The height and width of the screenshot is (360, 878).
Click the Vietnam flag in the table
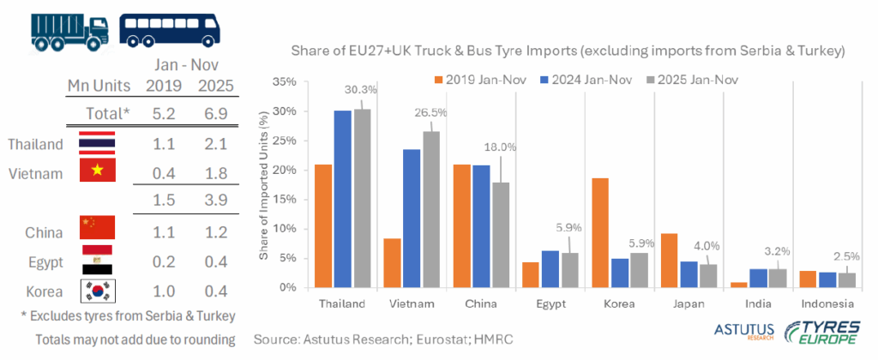(96, 171)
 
